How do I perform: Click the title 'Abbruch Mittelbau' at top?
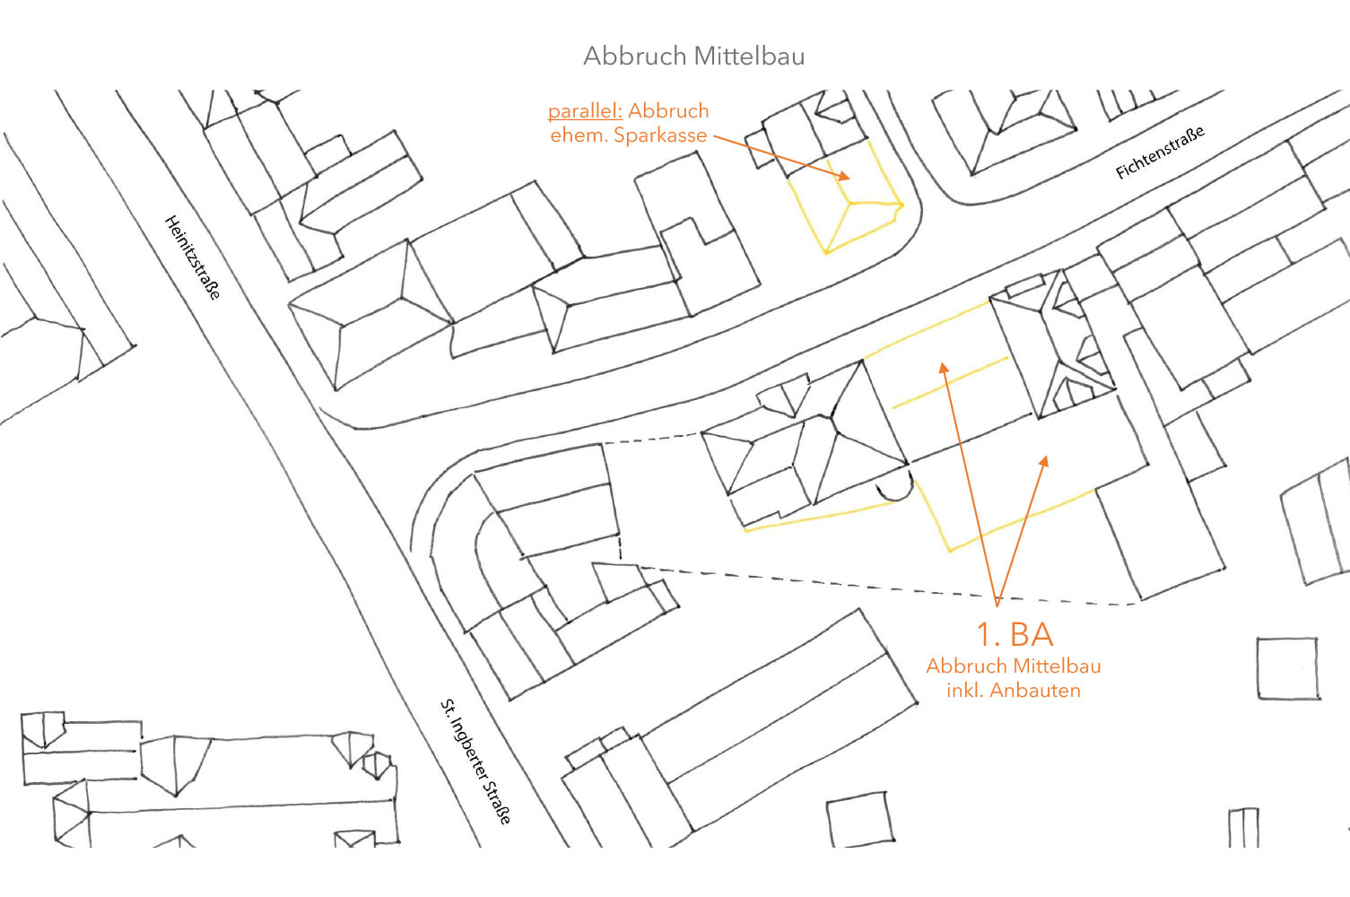coord(693,56)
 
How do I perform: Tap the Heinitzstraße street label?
coord(192,257)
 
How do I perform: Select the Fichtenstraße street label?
coord(1159,152)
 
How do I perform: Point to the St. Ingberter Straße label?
coord(476,761)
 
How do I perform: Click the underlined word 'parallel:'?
coord(585,111)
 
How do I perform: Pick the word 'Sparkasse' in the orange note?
coord(660,135)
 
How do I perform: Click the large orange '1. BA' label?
coord(1015,634)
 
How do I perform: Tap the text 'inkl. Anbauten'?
coord(1014,691)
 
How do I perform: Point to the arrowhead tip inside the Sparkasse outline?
coord(849,179)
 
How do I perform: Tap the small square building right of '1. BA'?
coord(1287,668)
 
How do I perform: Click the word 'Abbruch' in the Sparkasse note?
coord(668,111)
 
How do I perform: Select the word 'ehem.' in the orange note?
coord(579,135)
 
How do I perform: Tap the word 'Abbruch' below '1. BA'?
coord(967,666)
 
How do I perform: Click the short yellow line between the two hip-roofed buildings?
coord(949,383)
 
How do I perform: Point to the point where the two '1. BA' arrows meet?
coord(997,604)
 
